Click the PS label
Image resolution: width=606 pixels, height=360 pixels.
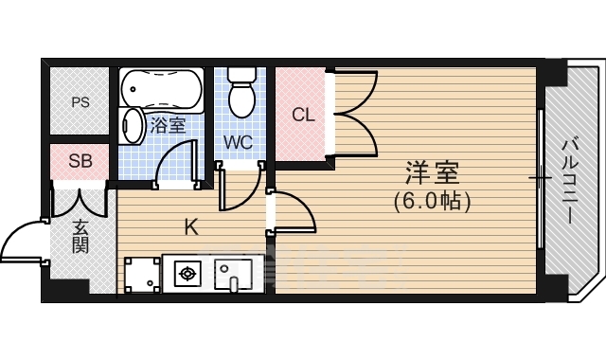click(x=80, y=102)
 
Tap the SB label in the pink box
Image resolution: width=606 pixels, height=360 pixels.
click(x=80, y=161)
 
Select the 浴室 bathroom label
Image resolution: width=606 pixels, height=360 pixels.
click(x=168, y=123)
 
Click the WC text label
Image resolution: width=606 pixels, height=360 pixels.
click(x=238, y=143)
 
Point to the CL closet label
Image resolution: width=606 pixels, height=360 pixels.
click(x=302, y=116)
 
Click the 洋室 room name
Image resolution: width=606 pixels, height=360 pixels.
click(x=432, y=173)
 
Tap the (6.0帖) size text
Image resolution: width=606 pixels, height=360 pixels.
click(x=432, y=201)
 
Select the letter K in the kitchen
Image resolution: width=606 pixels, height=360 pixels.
click(x=190, y=227)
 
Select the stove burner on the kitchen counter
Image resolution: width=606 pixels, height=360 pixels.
click(x=187, y=275)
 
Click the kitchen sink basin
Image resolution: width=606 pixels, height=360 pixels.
click(x=231, y=275)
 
